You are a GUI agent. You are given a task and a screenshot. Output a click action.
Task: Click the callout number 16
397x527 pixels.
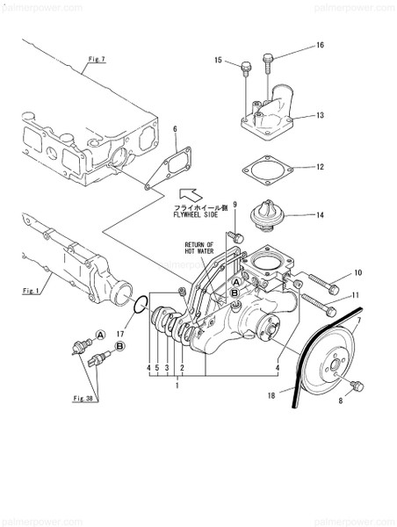pyautogui.click(x=320, y=45)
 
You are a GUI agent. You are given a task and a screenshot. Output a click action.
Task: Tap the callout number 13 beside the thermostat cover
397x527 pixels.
pyautogui.click(x=321, y=115)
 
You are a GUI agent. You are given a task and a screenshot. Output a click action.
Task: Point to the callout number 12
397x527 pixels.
pyautogui.click(x=321, y=166)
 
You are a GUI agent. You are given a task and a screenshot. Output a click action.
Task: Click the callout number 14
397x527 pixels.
pyautogui.click(x=321, y=214)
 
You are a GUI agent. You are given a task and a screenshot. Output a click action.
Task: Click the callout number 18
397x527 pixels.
pyautogui.click(x=284, y=397)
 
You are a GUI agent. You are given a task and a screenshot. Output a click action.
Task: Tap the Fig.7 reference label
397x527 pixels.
pyautogui.click(x=96, y=60)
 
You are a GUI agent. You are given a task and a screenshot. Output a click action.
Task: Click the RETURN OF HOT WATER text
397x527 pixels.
pyautogui.click(x=198, y=249)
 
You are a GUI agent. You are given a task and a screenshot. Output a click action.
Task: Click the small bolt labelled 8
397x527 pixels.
pyautogui.click(x=357, y=386)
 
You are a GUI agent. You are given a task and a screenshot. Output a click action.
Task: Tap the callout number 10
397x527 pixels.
pyautogui.click(x=357, y=273)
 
